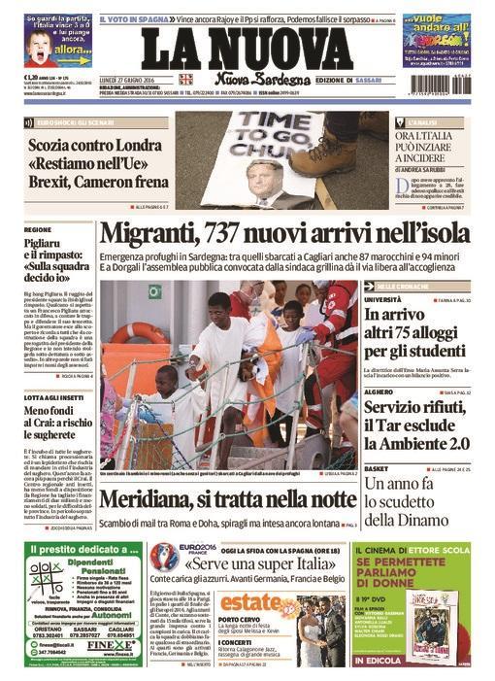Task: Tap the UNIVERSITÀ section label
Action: tap(383, 300)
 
